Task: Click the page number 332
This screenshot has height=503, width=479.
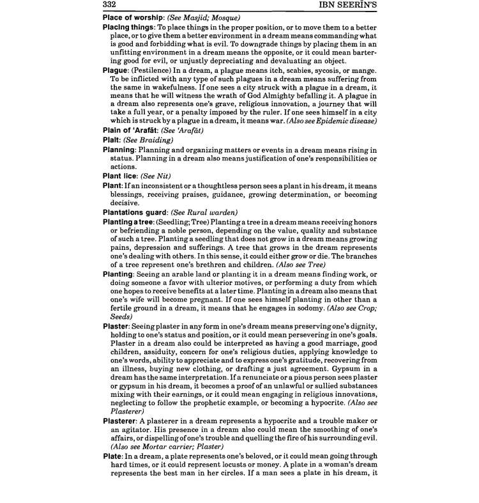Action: pos(112,6)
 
